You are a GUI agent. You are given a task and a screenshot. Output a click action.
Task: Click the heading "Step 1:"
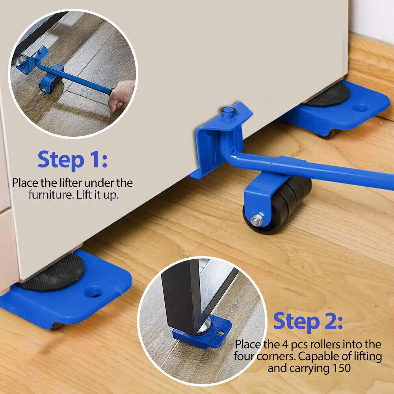click(72, 160)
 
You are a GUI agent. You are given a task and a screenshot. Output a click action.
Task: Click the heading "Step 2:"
click(308, 321)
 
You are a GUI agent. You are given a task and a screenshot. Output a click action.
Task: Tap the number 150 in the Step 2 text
click(342, 368)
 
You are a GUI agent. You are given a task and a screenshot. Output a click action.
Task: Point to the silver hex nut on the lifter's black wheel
click(257, 220)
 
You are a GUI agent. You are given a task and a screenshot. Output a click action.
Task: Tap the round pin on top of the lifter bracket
click(228, 111)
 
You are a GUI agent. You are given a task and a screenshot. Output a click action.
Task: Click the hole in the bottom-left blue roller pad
click(93, 292)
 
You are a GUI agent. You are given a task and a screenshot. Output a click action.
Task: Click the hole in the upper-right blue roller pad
click(360, 108)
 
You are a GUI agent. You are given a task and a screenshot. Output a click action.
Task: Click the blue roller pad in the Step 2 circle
click(202, 332)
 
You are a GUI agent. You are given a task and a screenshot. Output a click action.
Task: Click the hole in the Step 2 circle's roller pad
click(220, 333)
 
